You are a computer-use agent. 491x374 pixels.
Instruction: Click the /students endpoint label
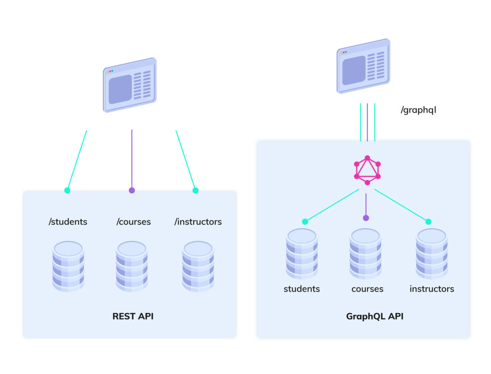point(68,222)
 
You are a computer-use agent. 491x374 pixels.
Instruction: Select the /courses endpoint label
point(134,222)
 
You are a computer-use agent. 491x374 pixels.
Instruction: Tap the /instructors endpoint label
point(198,222)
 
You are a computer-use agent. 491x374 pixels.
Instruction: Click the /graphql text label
point(418,110)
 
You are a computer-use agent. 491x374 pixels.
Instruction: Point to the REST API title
point(133,316)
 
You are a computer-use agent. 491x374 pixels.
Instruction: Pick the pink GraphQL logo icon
point(367,170)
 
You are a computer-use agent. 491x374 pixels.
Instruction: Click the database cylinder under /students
point(68,266)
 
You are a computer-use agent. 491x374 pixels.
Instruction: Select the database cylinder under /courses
point(131,266)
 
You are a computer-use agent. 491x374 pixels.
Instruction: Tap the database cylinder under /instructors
point(198,266)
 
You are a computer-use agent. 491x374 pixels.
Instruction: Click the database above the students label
point(302,254)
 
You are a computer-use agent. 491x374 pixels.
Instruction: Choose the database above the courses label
point(365,254)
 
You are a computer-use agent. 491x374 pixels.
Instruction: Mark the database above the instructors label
point(432,254)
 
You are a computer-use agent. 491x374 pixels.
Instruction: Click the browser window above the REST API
point(130,85)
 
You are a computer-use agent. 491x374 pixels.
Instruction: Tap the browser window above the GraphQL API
point(363,66)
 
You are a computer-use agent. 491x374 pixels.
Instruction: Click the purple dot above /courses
point(132,190)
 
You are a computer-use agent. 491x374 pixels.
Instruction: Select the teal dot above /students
point(67,190)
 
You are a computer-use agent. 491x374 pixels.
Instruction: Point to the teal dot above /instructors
point(195,190)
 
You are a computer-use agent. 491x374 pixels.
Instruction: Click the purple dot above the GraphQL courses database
point(366,218)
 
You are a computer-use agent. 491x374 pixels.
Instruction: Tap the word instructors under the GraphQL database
point(432,289)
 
